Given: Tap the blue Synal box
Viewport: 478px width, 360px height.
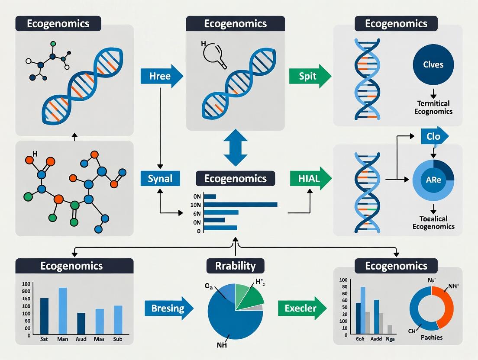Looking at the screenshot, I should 160,178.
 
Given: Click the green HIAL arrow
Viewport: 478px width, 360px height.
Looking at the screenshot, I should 310,178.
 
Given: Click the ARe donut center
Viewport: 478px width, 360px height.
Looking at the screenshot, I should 433,180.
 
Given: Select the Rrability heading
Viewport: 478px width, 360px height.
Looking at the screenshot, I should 235,265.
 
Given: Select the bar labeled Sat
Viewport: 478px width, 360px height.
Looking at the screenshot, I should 44,316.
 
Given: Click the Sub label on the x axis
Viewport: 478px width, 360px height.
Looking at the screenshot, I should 118,339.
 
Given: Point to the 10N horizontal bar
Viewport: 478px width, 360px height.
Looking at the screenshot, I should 240,204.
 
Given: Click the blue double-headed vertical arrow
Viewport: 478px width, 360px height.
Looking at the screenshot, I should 236,148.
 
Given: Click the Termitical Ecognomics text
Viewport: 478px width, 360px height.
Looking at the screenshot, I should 433,107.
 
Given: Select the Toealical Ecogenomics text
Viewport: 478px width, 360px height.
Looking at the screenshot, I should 433,222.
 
